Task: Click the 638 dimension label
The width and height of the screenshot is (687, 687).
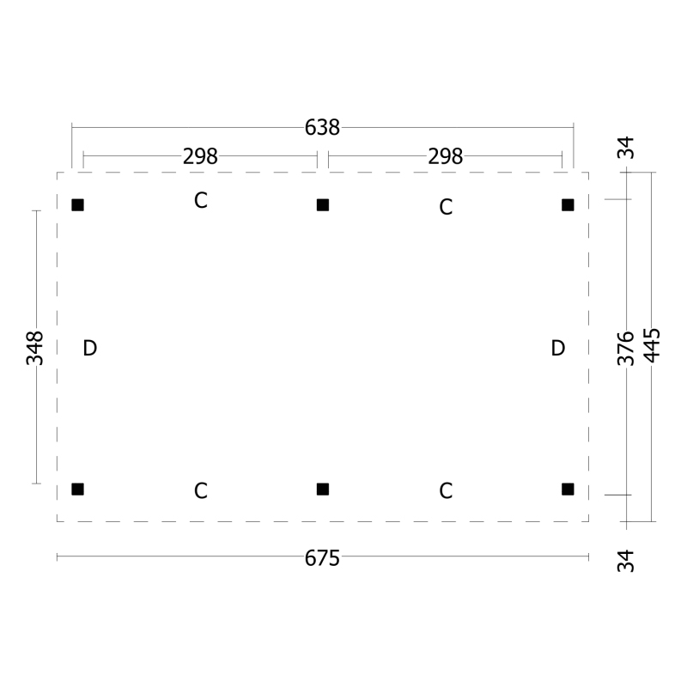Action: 322,127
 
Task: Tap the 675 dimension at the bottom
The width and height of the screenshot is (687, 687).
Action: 322,558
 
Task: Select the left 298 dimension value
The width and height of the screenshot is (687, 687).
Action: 200,156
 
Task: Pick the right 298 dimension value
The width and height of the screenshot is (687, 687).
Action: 445,156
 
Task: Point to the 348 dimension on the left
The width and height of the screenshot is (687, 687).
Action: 35,348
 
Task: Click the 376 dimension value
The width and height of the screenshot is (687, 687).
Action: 626,349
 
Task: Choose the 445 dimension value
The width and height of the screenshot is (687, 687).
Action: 652,345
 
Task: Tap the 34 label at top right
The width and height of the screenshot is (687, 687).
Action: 626,148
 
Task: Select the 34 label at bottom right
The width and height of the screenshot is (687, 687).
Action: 626,561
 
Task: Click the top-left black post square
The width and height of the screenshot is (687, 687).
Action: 77,205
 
